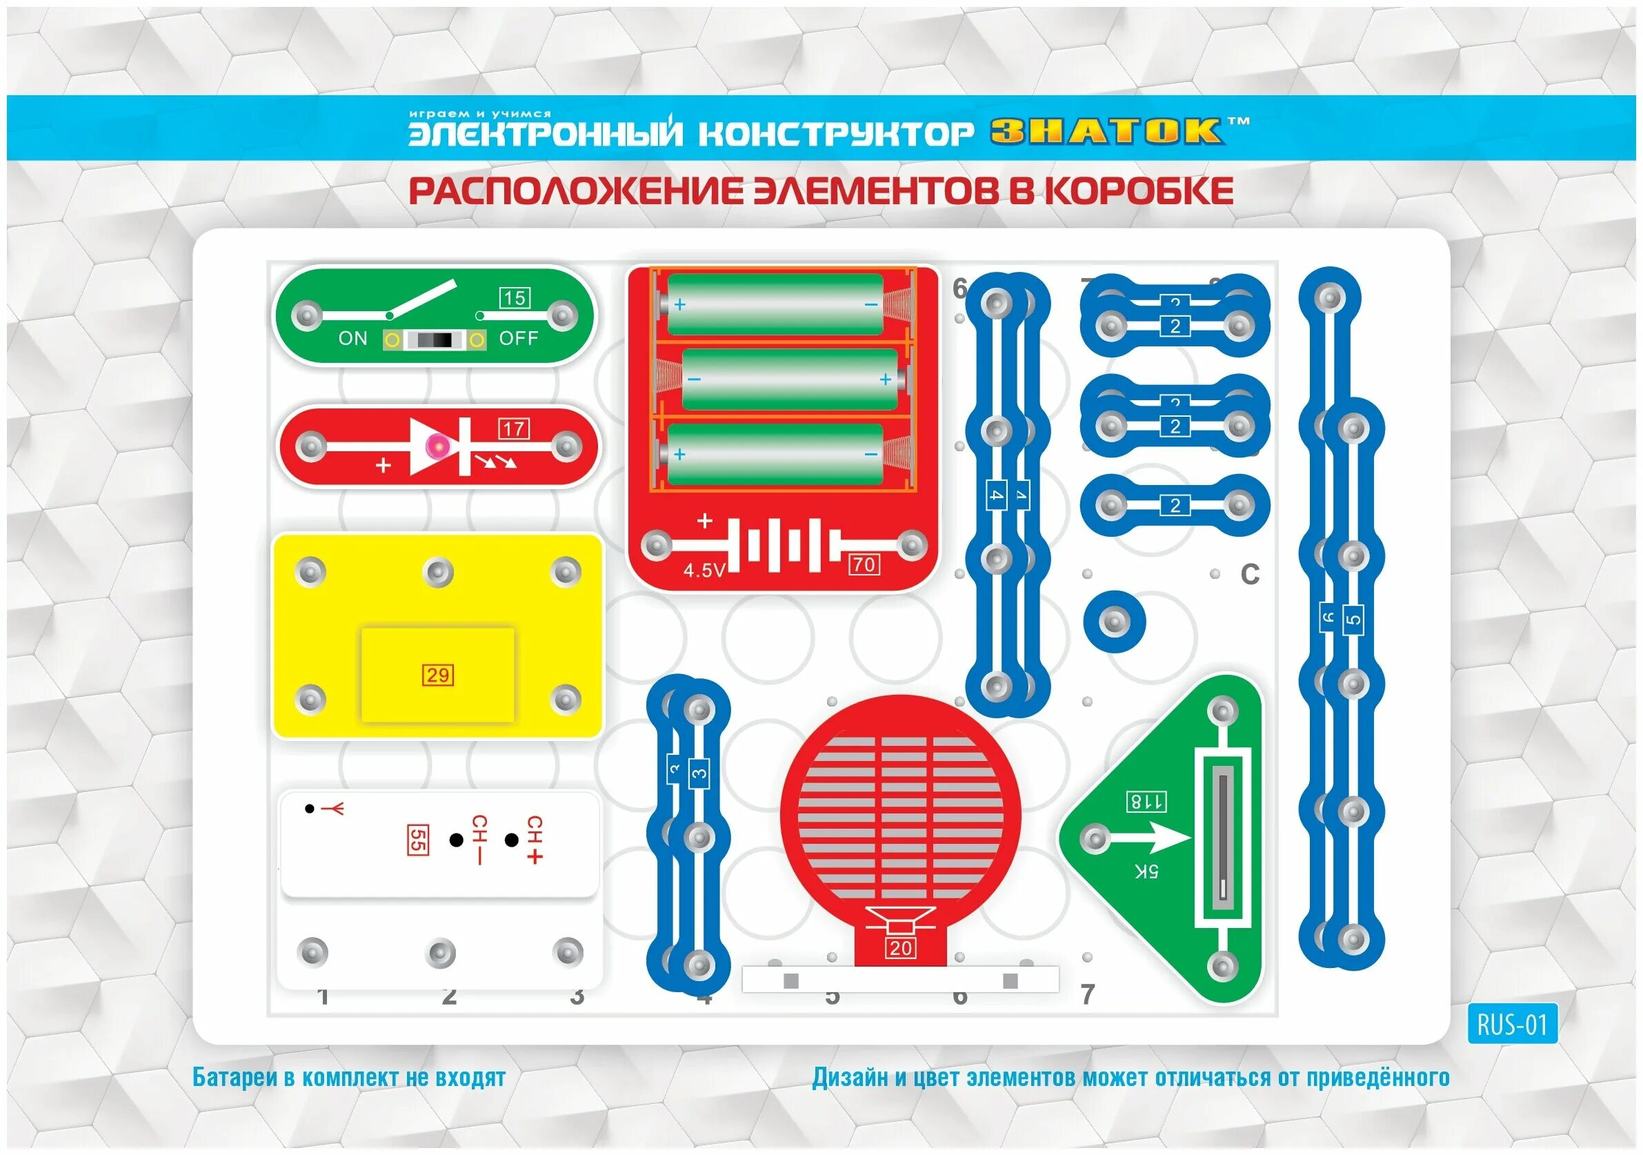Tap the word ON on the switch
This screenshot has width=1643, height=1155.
(x=352, y=339)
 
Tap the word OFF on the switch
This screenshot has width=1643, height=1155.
(x=518, y=339)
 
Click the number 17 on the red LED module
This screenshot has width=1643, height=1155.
(x=514, y=428)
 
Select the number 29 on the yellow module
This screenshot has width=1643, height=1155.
(x=437, y=675)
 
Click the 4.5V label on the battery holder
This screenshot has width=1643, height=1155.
(x=704, y=571)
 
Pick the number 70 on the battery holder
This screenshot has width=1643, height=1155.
(x=864, y=564)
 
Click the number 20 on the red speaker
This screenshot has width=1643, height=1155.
(x=900, y=948)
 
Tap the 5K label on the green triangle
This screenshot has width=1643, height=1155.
(x=1146, y=871)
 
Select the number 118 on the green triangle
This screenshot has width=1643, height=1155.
(x=1146, y=802)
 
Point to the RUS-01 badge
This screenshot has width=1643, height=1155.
(x=1512, y=1025)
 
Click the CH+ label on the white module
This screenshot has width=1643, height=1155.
(x=534, y=839)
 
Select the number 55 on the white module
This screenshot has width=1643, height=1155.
(x=417, y=840)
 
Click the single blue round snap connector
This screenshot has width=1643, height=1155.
(x=1114, y=621)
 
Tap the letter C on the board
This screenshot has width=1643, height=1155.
(x=1249, y=574)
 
